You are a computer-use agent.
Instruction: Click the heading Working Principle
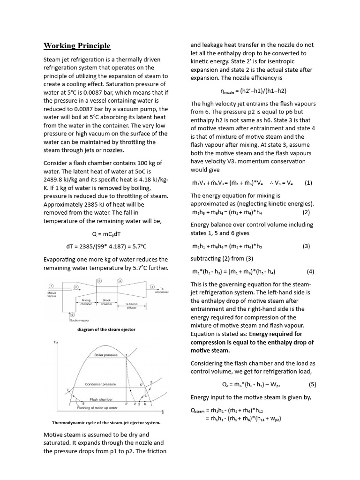(x=77, y=45)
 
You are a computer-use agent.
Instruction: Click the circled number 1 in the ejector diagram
(x=51, y=285)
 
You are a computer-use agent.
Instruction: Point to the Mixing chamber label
(x=86, y=301)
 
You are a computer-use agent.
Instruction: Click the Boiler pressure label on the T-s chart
(x=105, y=355)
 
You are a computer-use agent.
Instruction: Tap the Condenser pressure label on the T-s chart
(x=100, y=384)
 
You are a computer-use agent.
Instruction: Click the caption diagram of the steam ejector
(x=106, y=330)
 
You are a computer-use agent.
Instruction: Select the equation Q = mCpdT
(x=106, y=233)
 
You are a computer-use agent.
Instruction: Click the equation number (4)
(x=310, y=271)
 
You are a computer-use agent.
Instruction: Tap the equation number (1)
(x=308, y=183)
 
